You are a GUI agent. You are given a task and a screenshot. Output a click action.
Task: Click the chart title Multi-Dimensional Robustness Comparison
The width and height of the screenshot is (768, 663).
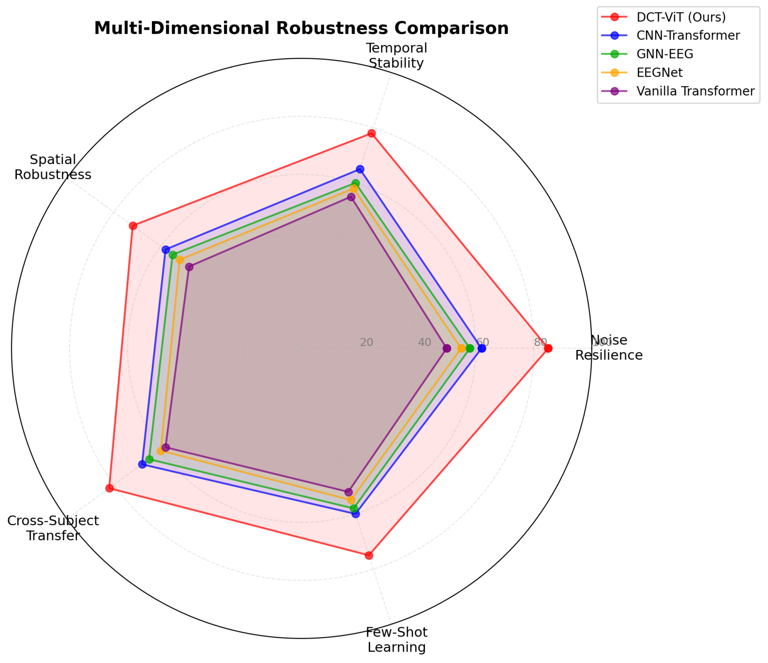[301, 28]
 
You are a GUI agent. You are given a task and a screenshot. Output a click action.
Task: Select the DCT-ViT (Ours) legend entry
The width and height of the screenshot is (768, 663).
[681, 17]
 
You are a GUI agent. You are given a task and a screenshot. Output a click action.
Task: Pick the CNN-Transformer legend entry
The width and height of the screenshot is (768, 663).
[688, 35]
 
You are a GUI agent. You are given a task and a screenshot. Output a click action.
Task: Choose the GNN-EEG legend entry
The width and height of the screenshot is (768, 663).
[665, 54]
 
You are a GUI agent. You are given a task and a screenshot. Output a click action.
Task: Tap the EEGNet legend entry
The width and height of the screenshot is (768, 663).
[659, 73]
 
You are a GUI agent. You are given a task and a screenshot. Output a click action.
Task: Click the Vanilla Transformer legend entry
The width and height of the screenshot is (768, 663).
[695, 91]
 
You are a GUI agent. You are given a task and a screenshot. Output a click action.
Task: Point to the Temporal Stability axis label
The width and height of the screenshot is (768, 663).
[396, 56]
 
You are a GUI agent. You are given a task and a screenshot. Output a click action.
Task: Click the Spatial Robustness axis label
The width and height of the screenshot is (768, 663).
[53, 167]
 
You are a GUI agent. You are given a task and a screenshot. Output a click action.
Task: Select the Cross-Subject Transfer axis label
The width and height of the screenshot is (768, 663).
[53, 528]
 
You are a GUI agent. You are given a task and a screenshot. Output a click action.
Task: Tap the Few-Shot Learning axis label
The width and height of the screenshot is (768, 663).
[396, 640]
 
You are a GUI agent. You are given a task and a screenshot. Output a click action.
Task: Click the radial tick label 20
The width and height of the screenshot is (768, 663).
[366, 343]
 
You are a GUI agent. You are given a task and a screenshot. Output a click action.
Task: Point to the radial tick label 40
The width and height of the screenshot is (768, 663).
[424, 343]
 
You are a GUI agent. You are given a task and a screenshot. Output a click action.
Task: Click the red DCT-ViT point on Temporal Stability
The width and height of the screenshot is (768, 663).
[371, 134]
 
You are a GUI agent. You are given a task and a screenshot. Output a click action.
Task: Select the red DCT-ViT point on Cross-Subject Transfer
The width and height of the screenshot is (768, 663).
[109, 488]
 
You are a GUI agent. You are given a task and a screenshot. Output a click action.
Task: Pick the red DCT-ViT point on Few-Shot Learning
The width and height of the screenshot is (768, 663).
[369, 555]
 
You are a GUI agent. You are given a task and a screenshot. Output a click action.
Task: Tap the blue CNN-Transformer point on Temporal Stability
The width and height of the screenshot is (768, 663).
[360, 169]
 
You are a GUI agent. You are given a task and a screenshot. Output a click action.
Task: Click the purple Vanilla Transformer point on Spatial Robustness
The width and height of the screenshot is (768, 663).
[189, 267]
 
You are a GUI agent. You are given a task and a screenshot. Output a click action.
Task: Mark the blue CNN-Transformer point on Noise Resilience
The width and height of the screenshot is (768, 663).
[481, 349]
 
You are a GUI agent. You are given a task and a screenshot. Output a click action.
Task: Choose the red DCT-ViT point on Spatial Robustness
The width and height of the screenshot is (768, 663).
[133, 226]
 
